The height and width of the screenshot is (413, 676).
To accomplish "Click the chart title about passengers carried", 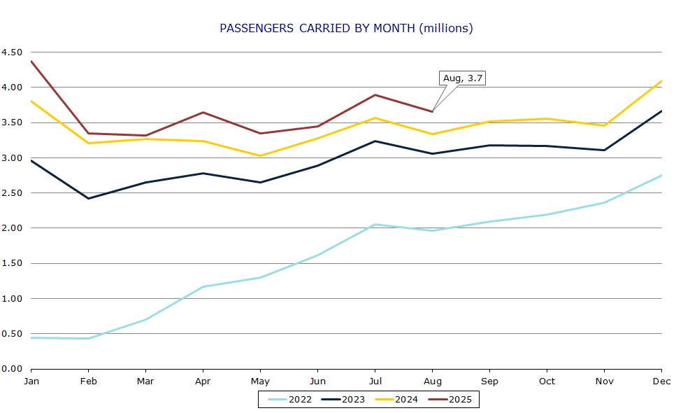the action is pyautogui.click(x=346, y=29).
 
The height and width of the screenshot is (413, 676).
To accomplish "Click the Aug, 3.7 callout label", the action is pyautogui.click(x=462, y=78).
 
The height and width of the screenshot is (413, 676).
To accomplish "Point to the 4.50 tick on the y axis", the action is pyautogui.click(x=12, y=52).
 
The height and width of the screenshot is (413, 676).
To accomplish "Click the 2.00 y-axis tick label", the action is pyautogui.click(x=12, y=228).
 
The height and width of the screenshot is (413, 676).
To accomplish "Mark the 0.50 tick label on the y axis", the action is pyautogui.click(x=12, y=334).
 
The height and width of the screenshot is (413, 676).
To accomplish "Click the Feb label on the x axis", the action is pyautogui.click(x=88, y=381).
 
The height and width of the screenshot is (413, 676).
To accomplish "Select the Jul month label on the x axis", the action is pyautogui.click(x=375, y=381).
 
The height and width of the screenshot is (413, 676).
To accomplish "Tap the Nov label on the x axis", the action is pyautogui.click(x=604, y=381).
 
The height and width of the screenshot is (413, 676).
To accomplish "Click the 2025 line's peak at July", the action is pyautogui.click(x=375, y=94).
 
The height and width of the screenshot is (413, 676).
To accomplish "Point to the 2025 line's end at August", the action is pyautogui.click(x=432, y=111).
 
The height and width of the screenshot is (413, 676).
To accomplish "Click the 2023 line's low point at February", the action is pyautogui.click(x=88, y=198).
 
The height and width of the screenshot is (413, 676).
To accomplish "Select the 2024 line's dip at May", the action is pyautogui.click(x=260, y=155).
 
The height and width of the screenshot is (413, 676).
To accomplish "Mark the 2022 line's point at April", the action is pyautogui.click(x=203, y=286).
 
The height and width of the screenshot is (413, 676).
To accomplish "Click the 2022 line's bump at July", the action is pyautogui.click(x=375, y=224).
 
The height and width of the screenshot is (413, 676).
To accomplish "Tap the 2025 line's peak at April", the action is pyautogui.click(x=203, y=112).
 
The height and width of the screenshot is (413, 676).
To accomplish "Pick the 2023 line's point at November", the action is pyautogui.click(x=604, y=150).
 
